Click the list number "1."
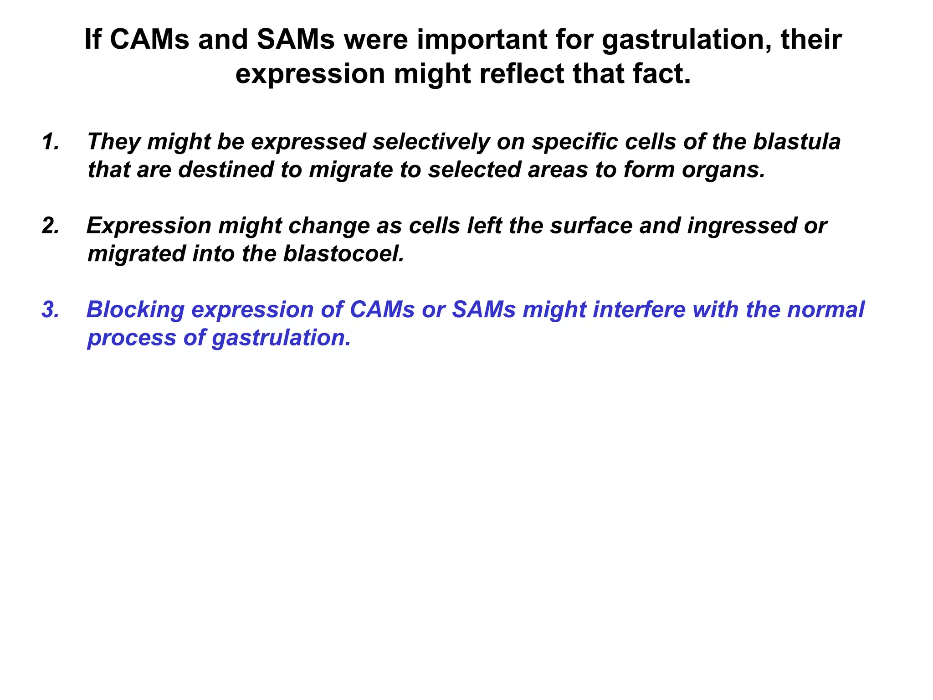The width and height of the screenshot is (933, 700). coord(51,142)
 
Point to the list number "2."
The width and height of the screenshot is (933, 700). coord(51,226)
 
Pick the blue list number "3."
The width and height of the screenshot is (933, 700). coord(51,310)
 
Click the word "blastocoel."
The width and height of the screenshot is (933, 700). coord(344,254)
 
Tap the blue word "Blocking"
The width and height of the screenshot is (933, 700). coord(135,310)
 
